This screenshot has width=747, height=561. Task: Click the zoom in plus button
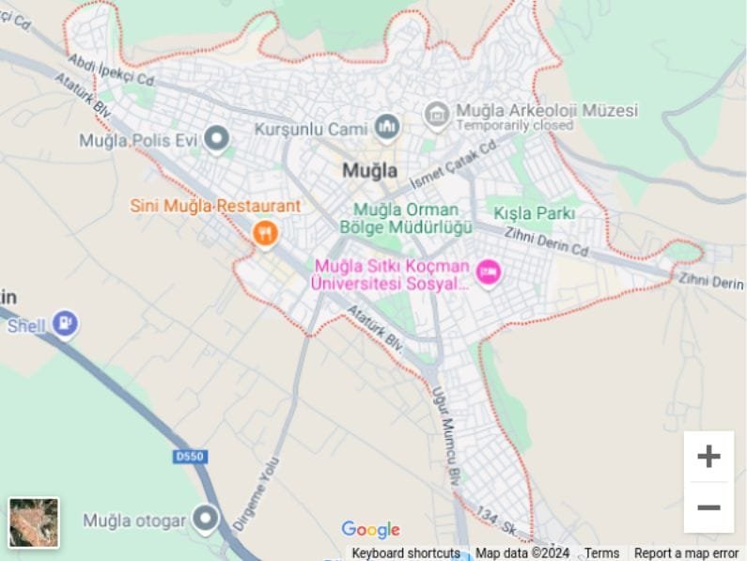click(x=708, y=457)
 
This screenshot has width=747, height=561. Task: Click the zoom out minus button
click(x=708, y=507)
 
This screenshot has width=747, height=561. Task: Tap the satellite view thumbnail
click(x=34, y=522)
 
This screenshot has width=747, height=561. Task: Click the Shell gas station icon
click(x=65, y=324)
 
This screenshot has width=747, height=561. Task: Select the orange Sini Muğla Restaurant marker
click(x=265, y=233)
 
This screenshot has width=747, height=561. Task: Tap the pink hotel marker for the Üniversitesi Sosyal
click(x=488, y=273)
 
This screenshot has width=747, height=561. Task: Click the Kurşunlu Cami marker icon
click(x=387, y=126)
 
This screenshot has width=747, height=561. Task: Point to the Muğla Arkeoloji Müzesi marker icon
click(x=437, y=115)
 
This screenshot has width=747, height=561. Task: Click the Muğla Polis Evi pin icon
click(x=217, y=140)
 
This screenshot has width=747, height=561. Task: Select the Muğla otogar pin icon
click(x=205, y=519)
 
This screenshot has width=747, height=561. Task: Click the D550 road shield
click(x=190, y=457)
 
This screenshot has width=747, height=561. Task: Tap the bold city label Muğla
click(x=369, y=171)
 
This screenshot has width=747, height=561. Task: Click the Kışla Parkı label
click(x=534, y=213)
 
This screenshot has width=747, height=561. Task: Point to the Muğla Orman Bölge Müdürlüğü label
click(x=406, y=218)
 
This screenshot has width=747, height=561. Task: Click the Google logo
click(x=370, y=530)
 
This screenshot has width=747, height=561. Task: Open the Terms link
click(x=601, y=553)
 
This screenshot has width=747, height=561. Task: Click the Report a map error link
click(x=686, y=553)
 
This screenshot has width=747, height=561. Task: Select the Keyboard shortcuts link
click(x=406, y=553)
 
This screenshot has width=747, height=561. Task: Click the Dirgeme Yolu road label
click(x=256, y=494)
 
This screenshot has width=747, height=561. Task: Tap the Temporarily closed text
click(x=515, y=126)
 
